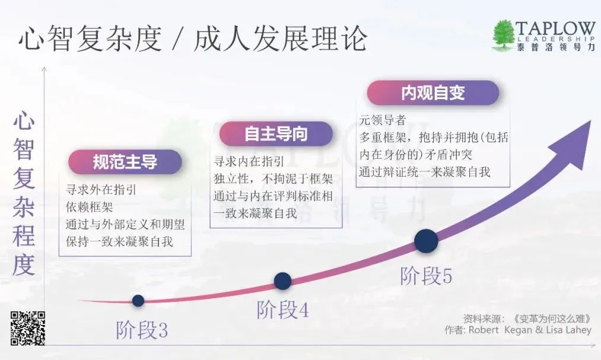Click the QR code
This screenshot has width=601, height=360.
pos(28,328)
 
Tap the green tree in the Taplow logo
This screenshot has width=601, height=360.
pos(503,34)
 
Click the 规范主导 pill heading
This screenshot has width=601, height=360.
pos(125,162)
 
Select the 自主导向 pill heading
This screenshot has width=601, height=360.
pos(276,134)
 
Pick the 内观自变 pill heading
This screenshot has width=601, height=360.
pos(433,93)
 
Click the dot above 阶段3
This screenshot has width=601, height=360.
pos(138,301)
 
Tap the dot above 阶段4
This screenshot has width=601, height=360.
pos(282,281)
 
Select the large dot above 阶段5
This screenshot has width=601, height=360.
pos(426,241)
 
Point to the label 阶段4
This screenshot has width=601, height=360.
pos(282,310)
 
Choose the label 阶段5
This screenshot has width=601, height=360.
pos(426,276)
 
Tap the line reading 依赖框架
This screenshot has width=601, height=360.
pos(90,207)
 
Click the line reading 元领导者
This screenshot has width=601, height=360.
pos(382,120)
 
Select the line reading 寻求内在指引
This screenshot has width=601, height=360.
pos(249,161)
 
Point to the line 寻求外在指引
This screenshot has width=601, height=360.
pos(101,190)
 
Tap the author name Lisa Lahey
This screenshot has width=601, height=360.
pos(569,330)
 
